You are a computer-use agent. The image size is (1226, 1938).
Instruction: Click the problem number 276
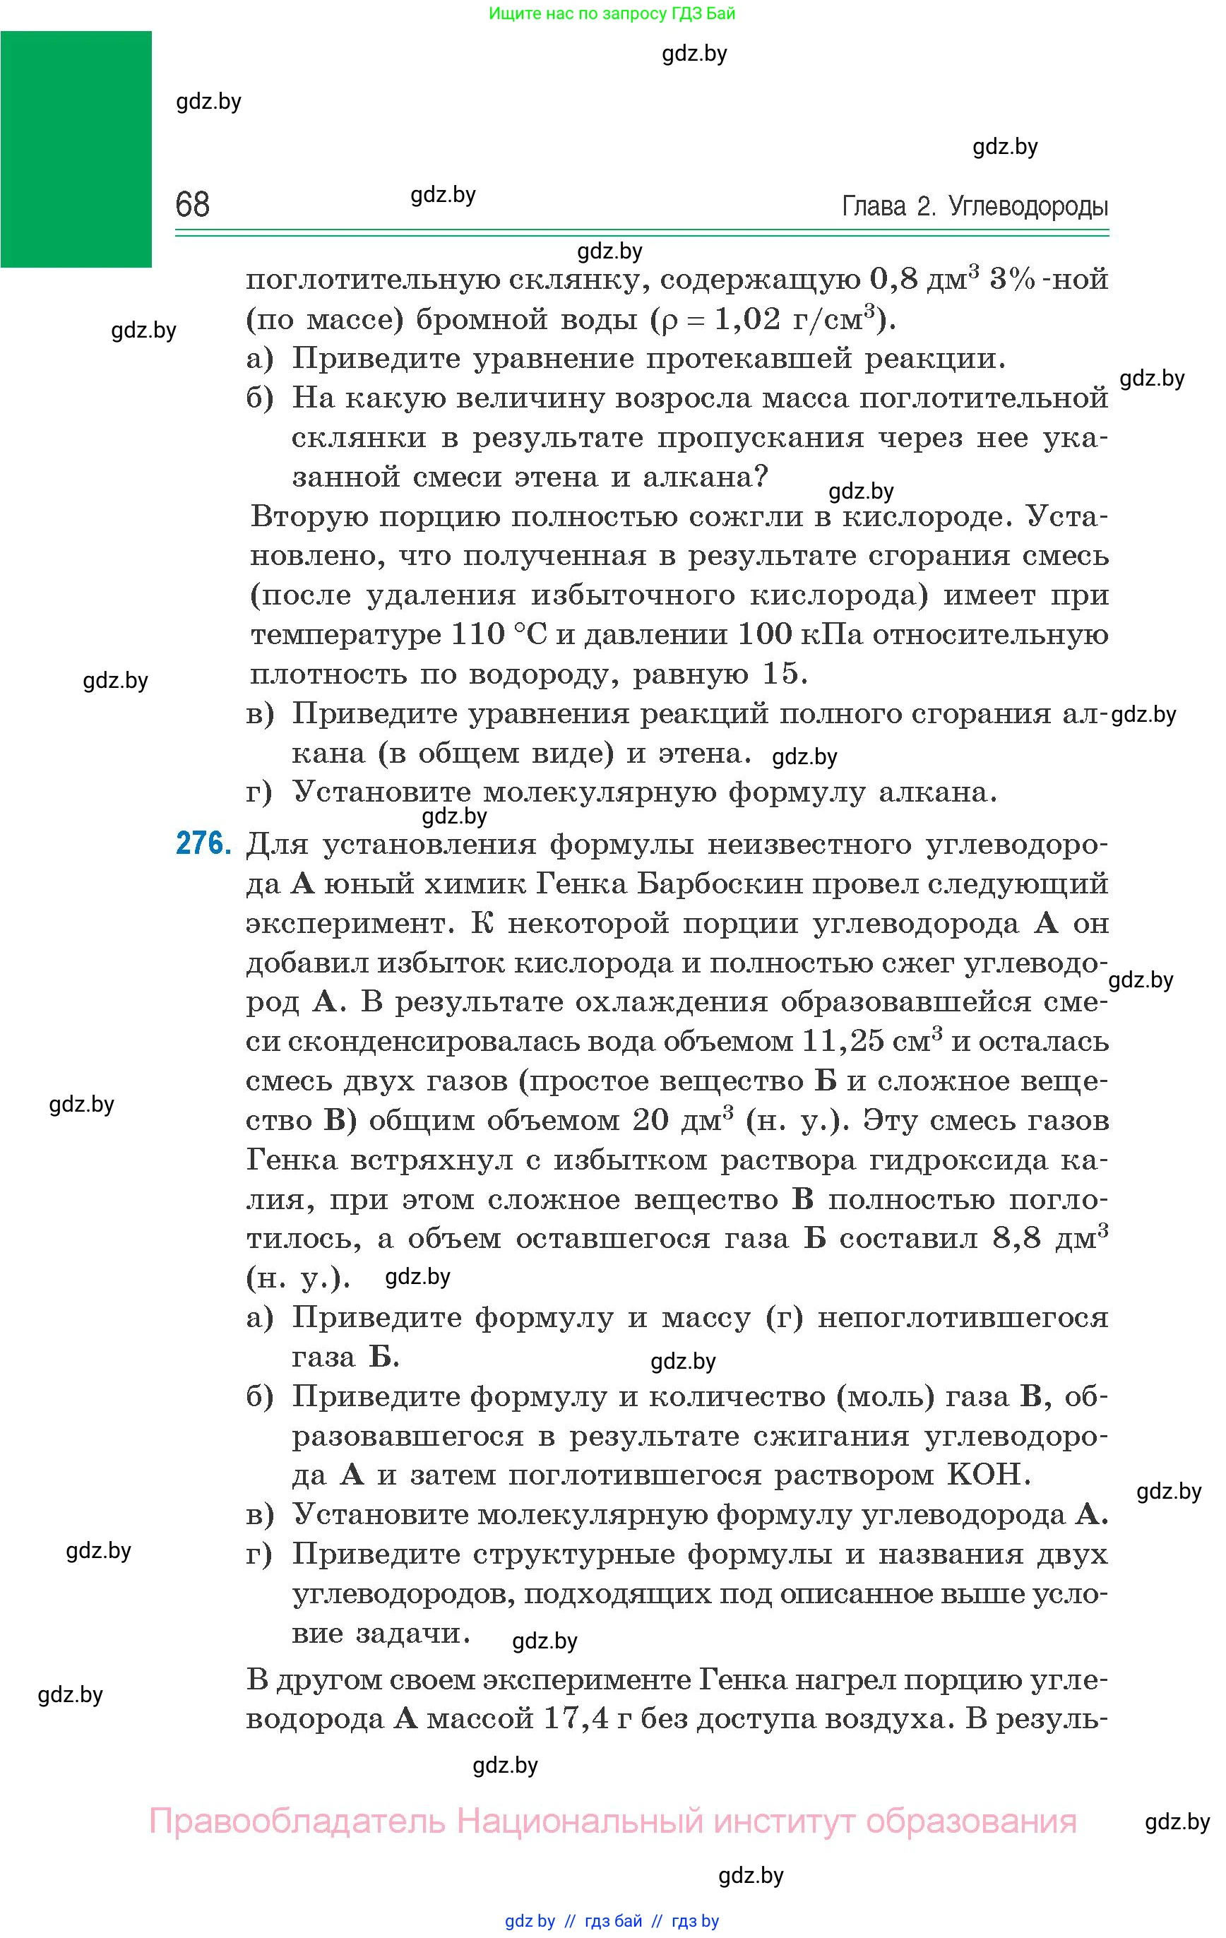[203, 844]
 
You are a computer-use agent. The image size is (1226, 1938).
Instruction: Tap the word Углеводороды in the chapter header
[1028, 207]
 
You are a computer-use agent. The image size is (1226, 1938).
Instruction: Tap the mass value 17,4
[576, 1719]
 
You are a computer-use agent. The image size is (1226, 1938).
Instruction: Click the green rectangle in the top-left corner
[76, 149]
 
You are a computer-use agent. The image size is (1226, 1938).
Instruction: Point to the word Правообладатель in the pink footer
[297, 1821]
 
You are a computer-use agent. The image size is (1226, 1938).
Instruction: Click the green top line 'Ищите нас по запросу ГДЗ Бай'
[612, 13]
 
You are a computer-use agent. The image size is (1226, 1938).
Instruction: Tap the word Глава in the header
[874, 207]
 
